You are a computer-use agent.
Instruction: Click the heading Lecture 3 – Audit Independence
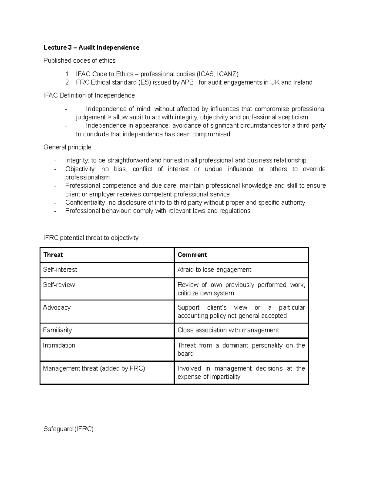tap(91, 47)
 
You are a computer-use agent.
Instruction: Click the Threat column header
tap(53, 255)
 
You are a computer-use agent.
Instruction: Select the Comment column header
tap(192, 255)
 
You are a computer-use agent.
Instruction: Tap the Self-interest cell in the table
tap(60, 270)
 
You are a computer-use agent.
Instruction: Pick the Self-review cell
tap(59, 285)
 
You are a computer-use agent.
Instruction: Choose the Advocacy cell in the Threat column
tap(57, 308)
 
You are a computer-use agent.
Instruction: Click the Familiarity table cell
tap(57, 330)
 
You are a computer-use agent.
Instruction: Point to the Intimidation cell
tap(59, 345)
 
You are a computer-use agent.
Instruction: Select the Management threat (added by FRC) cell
tap(94, 368)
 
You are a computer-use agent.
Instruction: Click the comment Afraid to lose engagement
tap(214, 270)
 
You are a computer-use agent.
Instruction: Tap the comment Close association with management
tap(228, 330)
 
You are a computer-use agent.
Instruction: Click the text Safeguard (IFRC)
tap(68, 429)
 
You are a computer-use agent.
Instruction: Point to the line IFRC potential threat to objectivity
tap(91, 238)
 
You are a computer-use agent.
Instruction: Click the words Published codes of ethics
tap(80, 60)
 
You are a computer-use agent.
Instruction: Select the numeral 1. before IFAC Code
tap(68, 74)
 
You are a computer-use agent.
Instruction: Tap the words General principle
tap(67, 147)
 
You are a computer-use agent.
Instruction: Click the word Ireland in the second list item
tap(303, 82)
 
